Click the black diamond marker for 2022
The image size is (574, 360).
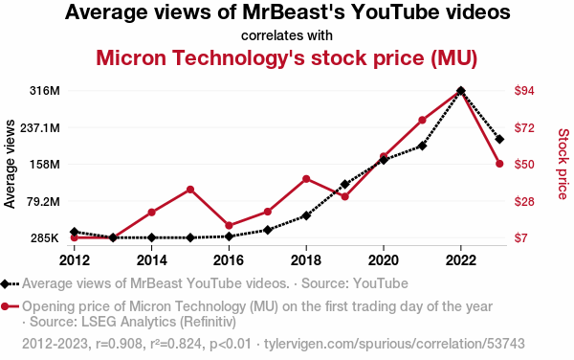click(x=461, y=90)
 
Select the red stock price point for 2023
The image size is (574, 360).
click(x=499, y=164)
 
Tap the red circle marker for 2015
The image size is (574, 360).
click(x=190, y=190)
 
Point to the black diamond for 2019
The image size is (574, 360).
click(x=344, y=184)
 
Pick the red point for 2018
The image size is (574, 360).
click(x=306, y=179)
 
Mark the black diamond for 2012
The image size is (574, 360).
click(x=75, y=232)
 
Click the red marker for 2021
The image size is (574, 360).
click(x=422, y=120)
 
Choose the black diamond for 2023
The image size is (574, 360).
click(x=499, y=139)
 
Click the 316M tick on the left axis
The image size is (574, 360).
click(x=45, y=90)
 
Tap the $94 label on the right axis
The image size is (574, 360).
click(x=524, y=90)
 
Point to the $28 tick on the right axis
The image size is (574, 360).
click(x=524, y=201)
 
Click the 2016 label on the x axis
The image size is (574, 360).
click(x=229, y=260)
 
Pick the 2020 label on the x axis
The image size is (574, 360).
click(x=384, y=260)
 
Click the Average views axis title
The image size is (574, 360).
click(x=10, y=164)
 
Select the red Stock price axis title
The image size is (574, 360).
click(x=563, y=164)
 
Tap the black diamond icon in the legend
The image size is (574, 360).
click(x=5, y=283)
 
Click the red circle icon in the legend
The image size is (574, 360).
click(x=5, y=306)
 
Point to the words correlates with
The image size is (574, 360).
click(x=287, y=35)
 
